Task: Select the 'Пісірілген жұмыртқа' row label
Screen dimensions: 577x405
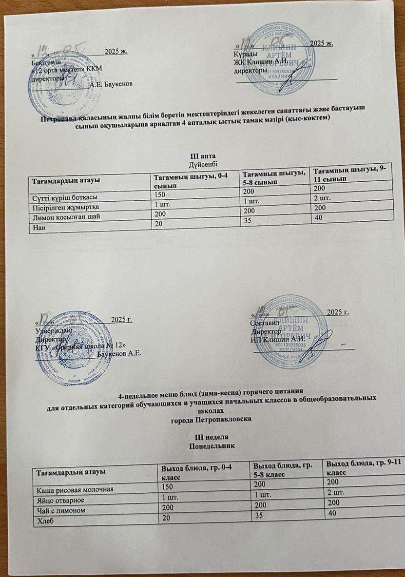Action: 62,207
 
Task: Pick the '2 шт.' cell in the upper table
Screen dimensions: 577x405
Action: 322,199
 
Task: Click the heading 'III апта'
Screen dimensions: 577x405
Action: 203,156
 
